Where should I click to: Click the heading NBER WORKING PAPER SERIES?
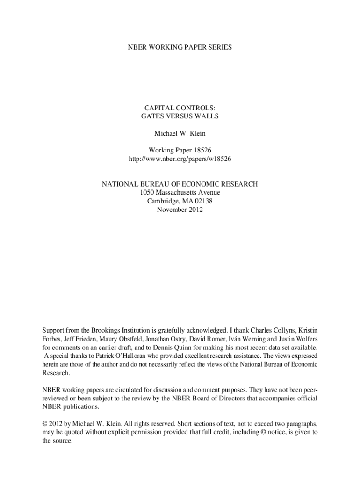(x=180, y=47)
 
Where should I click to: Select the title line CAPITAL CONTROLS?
(x=180, y=108)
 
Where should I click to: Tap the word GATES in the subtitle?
(x=152, y=116)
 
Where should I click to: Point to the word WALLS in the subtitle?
(x=208, y=116)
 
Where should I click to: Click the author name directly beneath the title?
(x=180, y=133)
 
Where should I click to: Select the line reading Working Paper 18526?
(x=180, y=150)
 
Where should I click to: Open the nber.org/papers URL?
(x=180, y=159)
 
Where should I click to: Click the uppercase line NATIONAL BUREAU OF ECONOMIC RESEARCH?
(x=180, y=184)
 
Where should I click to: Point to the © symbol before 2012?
(x=45, y=424)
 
